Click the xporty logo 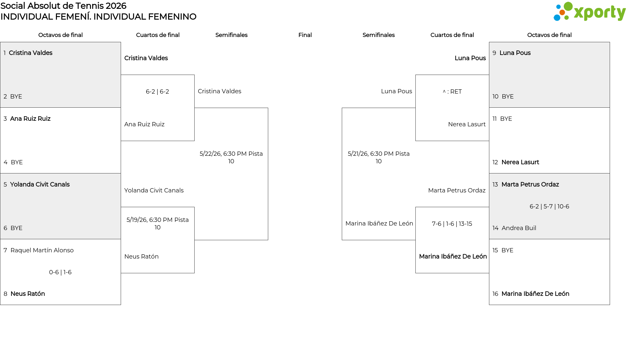[589, 12]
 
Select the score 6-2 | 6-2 [157, 92]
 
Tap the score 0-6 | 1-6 [60, 272]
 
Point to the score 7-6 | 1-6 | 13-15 [452, 224]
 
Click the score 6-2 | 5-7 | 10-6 [549, 207]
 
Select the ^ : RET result [452, 92]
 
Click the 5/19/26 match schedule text [158, 224]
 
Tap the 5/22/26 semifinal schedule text [231, 157]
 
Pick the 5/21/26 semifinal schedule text [379, 157]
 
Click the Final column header [305, 35]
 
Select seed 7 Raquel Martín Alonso [39, 250]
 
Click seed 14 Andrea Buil [514, 228]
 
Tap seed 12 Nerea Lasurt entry [516, 162]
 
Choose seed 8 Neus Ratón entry [24, 294]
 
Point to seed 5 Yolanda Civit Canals [37, 185]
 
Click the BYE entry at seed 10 [503, 97]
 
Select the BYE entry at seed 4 [13, 162]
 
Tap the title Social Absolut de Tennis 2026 [63, 6]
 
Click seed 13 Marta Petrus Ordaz [526, 185]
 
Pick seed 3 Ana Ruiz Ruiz [27, 119]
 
